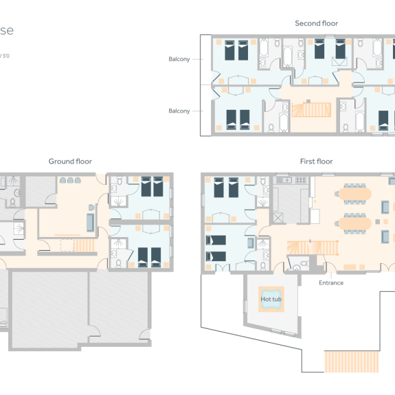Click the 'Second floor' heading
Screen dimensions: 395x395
click(316, 23)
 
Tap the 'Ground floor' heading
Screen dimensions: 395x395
click(70, 161)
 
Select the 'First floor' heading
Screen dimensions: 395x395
click(316, 161)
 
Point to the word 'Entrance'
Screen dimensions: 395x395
click(330, 282)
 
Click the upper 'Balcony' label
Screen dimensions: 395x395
click(179, 59)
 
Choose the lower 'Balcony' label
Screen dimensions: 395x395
click(179, 111)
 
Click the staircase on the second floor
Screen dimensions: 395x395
click(307, 110)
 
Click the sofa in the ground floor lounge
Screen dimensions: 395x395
click(90, 221)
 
